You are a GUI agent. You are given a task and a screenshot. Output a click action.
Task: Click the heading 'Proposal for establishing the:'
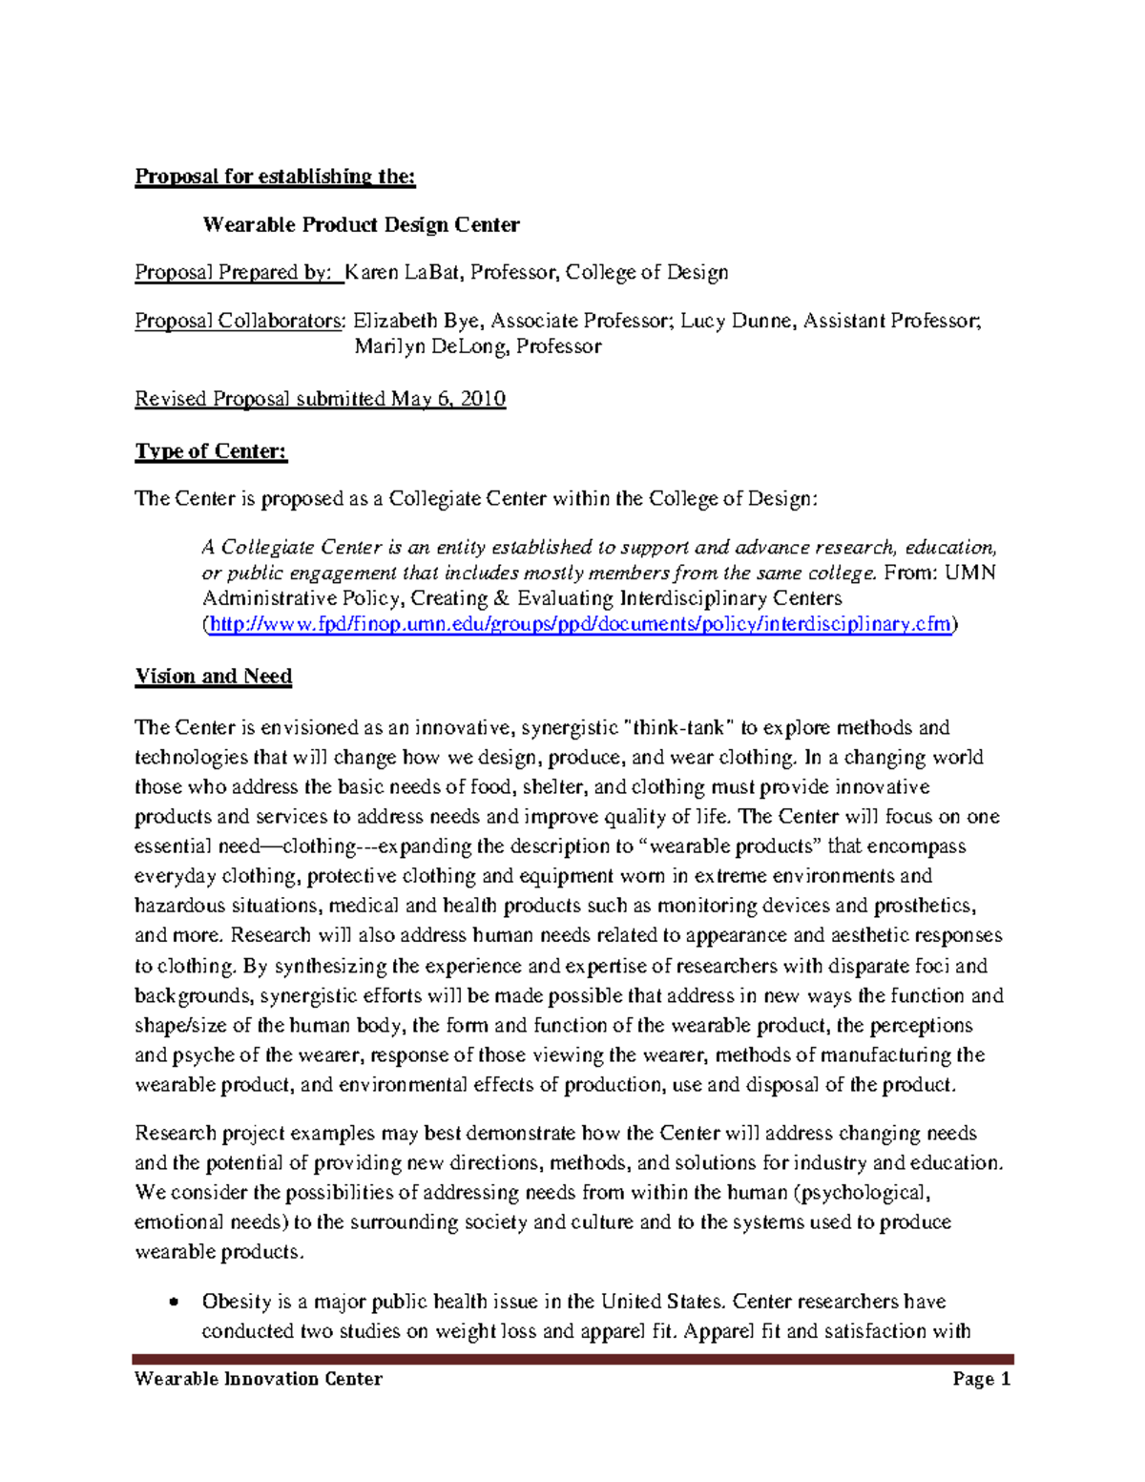pyautogui.click(x=275, y=177)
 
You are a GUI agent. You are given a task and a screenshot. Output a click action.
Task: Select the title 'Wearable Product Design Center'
pyautogui.click(x=361, y=225)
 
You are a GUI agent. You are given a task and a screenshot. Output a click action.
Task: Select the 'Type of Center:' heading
pyautogui.click(x=211, y=451)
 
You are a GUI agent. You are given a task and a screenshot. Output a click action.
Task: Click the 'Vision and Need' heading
pyautogui.click(x=214, y=677)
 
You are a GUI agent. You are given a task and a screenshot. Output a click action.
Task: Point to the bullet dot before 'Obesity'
pyautogui.click(x=173, y=1303)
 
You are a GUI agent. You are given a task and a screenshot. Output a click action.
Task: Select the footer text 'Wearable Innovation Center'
pyautogui.click(x=259, y=1379)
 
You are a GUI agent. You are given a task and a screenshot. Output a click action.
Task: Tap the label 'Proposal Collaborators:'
pyautogui.click(x=239, y=321)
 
